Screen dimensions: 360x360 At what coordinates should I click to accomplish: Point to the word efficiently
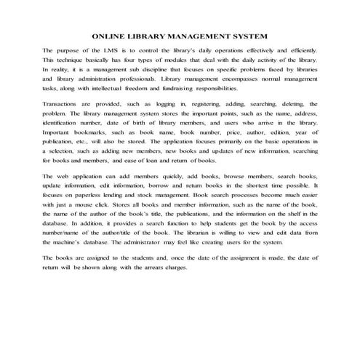300,49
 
